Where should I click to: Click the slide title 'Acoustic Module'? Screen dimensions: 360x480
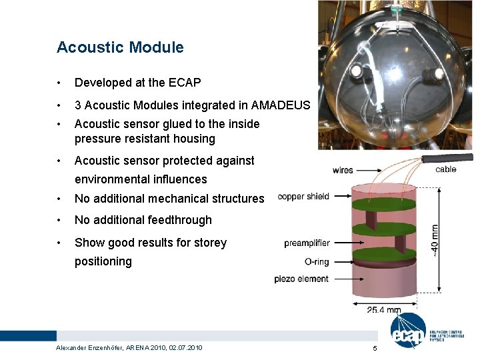[x=120, y=47]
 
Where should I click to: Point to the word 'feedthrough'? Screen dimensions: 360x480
[x=179, y=220]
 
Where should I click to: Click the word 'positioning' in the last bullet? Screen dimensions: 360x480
[x=103, y=261]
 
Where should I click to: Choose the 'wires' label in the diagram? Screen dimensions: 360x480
[x=343, y=171]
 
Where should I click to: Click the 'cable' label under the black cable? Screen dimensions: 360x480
[x=445, y=169]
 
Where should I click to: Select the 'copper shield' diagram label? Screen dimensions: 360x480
[x=303, y=197]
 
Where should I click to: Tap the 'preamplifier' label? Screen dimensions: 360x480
[x=307, y=243]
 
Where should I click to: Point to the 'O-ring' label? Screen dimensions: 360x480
[x=316, y=261]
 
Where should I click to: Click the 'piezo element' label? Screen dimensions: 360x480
[x=301, y=279]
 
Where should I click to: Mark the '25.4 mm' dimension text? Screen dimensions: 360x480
[x=385, y=309]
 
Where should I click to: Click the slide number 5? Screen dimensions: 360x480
[x=375, y=349]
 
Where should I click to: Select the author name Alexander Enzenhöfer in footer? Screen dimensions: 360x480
[x=89, y=348]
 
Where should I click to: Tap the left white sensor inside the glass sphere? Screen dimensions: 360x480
[x=356, y=69]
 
